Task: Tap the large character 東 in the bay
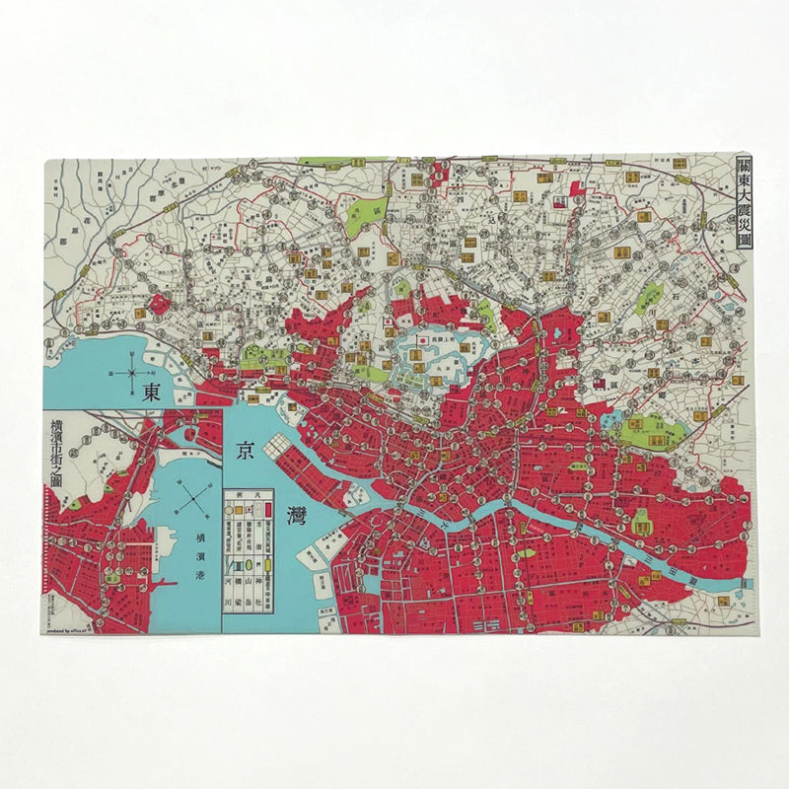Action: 152,392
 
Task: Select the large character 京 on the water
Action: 242,452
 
